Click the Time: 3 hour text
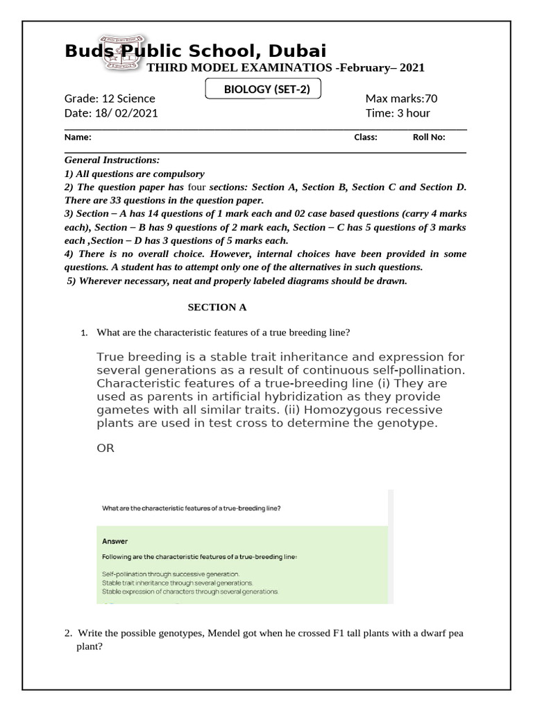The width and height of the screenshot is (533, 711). click(x=398, y=113)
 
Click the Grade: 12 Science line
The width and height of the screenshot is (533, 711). click(x=110, y=99)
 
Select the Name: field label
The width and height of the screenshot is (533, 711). click(x=78, y=137)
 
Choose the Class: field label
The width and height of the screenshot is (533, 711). click(x=366, y=137)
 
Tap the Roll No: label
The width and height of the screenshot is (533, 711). click(x=429, y=137)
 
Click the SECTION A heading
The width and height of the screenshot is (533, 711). click(x=217, y=307)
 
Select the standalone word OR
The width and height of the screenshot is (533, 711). click(x=105, y=449)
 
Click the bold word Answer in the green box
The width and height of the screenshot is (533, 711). click(x=115, y=541)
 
